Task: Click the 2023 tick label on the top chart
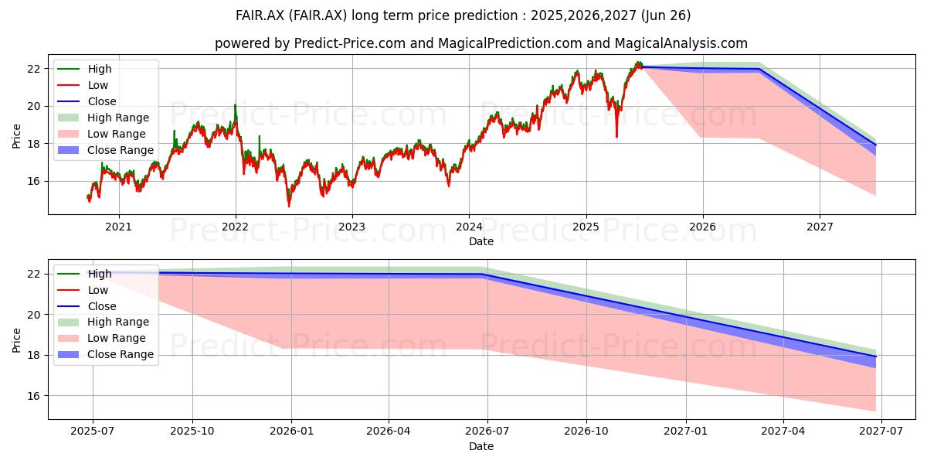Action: tap(351, 227)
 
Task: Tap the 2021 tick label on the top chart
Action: tap(118, 227)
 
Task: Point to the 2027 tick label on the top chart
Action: tap(820, 227)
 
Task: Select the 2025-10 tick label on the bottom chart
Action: tap(192, 432)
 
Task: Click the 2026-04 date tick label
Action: tap(388, 432)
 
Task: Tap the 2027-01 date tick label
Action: tap(686, 432)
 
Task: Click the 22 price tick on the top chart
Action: tap(34, 69)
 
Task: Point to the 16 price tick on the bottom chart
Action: tap(34, 396)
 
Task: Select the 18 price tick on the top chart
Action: tap(34, 144)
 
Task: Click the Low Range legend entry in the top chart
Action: tap(101, 134)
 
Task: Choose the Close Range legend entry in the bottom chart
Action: tap(106, 354)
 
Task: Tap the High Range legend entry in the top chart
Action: tap(103, 118)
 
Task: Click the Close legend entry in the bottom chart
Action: tap(87, 306)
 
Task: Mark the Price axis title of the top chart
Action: tap(16, 136)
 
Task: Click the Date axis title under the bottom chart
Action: tap(480, 446)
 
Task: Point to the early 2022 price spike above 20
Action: tap(236, 106)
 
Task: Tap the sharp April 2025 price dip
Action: tap(616, 136)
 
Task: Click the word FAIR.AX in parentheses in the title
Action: tap(317, 15)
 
